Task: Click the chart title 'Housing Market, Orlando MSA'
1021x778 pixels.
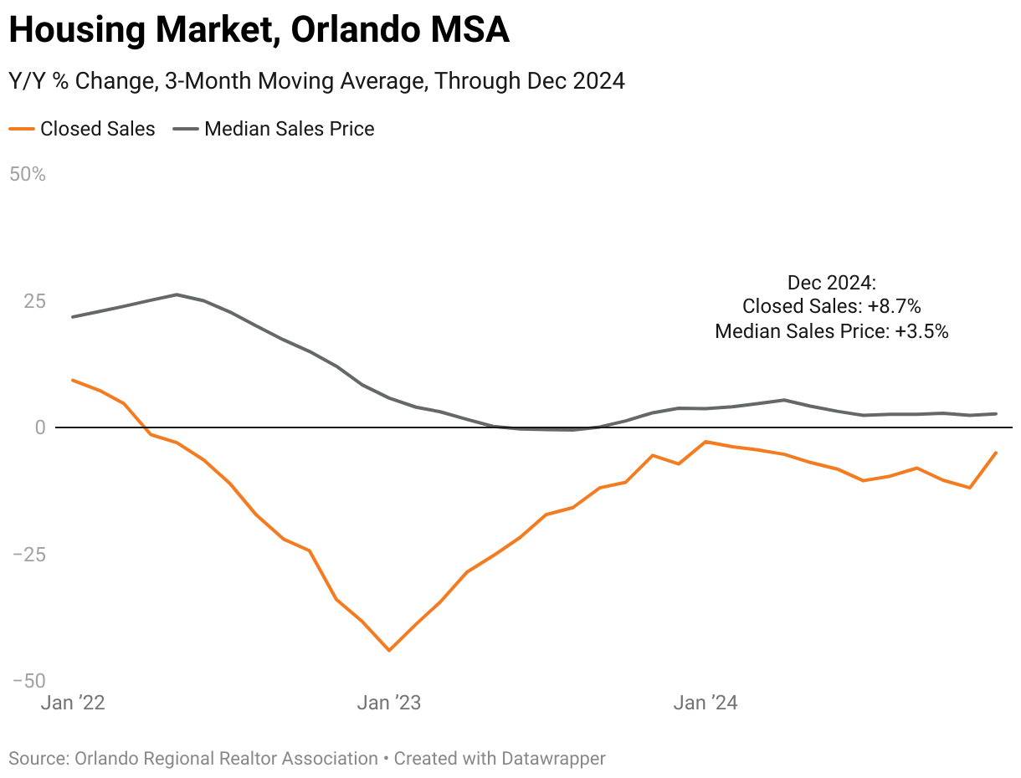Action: tap(259, 31)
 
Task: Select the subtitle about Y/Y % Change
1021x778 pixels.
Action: tap(316, 81)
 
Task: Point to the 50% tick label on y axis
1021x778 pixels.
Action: tap(27, 175)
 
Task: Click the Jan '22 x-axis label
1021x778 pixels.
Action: tap(73, 703)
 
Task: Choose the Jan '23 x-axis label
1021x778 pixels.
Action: tap(389, 703)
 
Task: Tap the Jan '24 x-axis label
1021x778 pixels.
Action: tap(705, 703)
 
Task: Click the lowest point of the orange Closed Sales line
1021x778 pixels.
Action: tap(389, 650)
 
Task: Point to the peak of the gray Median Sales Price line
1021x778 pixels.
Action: tap(177, 294)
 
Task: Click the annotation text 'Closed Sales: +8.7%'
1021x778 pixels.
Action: tap(831, 306)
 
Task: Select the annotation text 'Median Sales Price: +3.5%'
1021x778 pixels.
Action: tap(831, 331)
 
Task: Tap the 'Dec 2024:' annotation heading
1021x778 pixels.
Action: tap(831, 282)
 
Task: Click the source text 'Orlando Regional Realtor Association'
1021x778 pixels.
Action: tap(226, 759)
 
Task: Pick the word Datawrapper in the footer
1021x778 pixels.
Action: tap(553, 759)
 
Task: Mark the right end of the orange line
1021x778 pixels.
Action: tap(996, 453)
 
